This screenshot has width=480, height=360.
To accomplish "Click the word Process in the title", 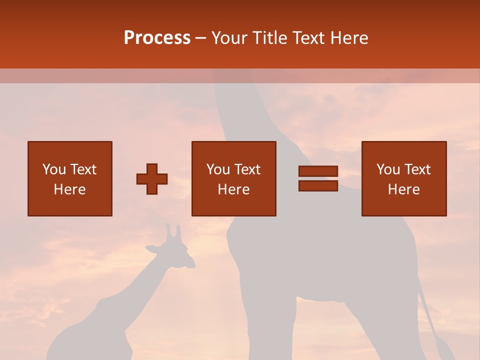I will coord(157,38).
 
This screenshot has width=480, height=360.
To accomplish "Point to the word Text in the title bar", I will coord(310,38).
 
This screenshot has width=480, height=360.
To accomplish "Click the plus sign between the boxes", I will coord(152,179).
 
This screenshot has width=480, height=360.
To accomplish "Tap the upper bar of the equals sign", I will coord(318,171).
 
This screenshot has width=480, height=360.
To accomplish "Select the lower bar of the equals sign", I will coord(318,186).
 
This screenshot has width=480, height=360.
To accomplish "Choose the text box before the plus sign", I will coord(70,178).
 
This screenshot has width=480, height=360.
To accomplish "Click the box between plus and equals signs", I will coord(234,178).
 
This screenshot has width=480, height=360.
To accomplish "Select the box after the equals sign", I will coord(404,178).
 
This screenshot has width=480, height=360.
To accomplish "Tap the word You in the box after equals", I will coord(388,169).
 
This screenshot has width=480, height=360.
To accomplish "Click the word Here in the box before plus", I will coord(70,189).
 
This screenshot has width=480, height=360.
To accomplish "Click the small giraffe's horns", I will coord(173,231).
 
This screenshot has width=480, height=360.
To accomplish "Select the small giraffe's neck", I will coord(150,280).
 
